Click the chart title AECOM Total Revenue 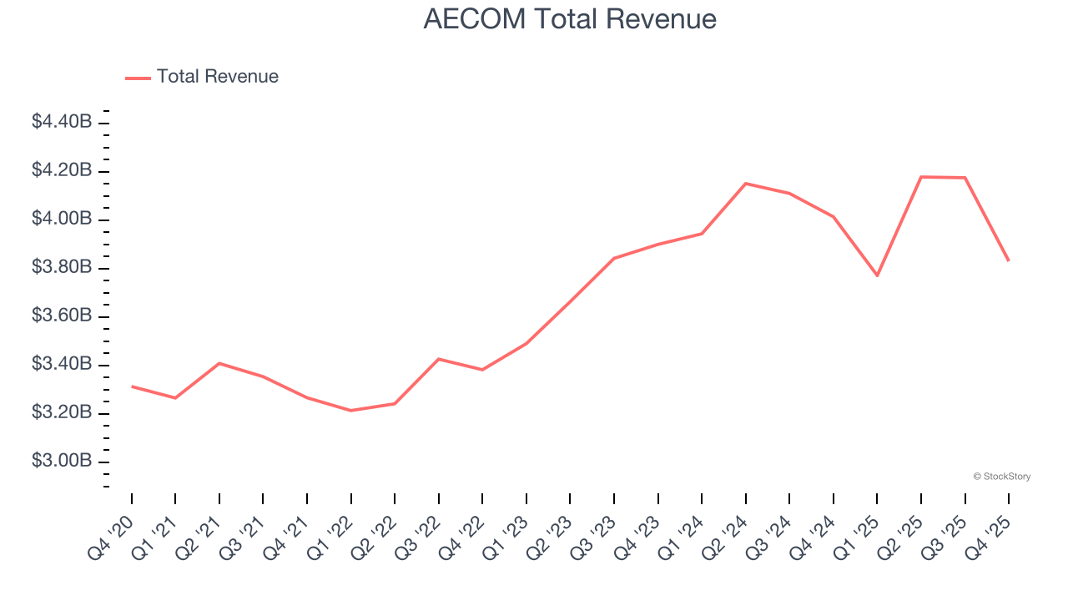570,19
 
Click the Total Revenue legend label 217,77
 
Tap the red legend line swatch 138,78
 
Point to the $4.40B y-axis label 62,122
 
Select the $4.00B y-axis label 62,219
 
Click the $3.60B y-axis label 62,316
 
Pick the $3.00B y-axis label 62,461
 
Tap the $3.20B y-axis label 62,412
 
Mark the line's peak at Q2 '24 745,184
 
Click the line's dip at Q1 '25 877,275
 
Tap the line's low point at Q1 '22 350,410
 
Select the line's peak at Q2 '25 921,177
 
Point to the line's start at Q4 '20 132,386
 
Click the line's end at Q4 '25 1008,260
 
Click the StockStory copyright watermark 1001,477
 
